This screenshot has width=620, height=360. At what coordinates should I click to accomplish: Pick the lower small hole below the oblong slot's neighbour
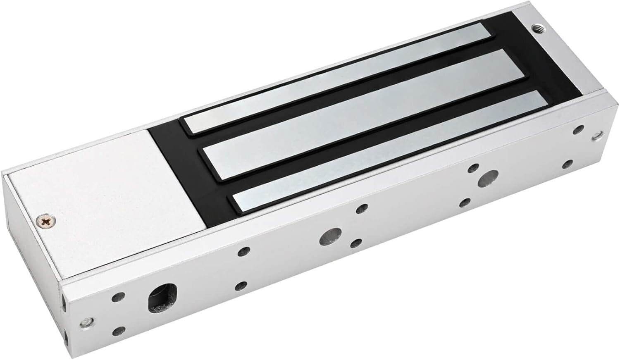coord(119,330)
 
